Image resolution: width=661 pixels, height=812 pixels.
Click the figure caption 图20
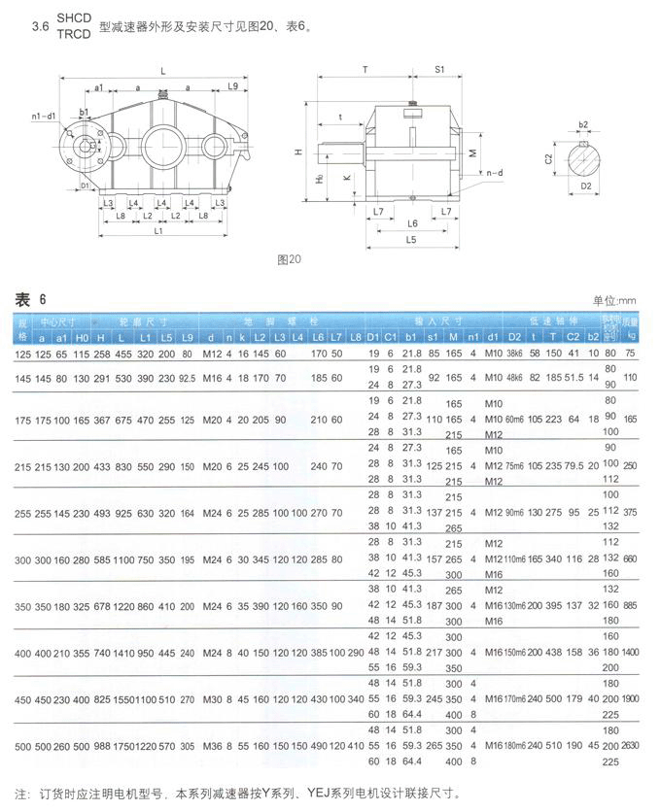pyautogui.click(x=290, y=259)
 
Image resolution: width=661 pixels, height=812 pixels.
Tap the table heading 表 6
pyautogui.click(x=29, y=298)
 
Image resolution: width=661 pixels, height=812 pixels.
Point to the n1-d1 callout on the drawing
pyautogui.click(x=44, y=117)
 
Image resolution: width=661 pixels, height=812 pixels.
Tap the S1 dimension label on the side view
pyautogui.click(x=439, y=70)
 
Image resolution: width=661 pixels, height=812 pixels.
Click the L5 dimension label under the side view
pyautogui.click(x=411, y=238)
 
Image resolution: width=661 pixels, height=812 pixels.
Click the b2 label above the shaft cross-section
pyautogui.click(x=583, y=124)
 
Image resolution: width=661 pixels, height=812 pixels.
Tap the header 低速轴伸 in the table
pyautogui.click(x=546, y=319)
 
